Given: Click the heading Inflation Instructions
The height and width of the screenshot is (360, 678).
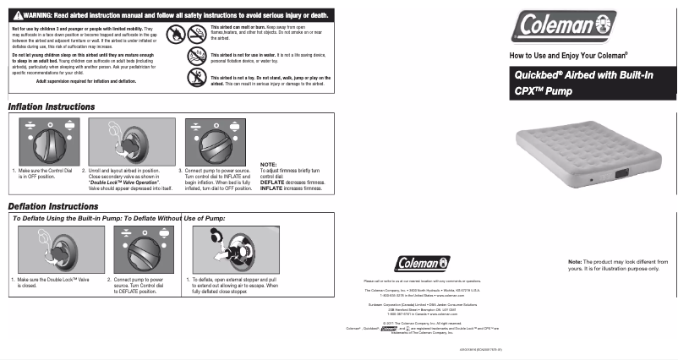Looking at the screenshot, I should pos(51,108).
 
